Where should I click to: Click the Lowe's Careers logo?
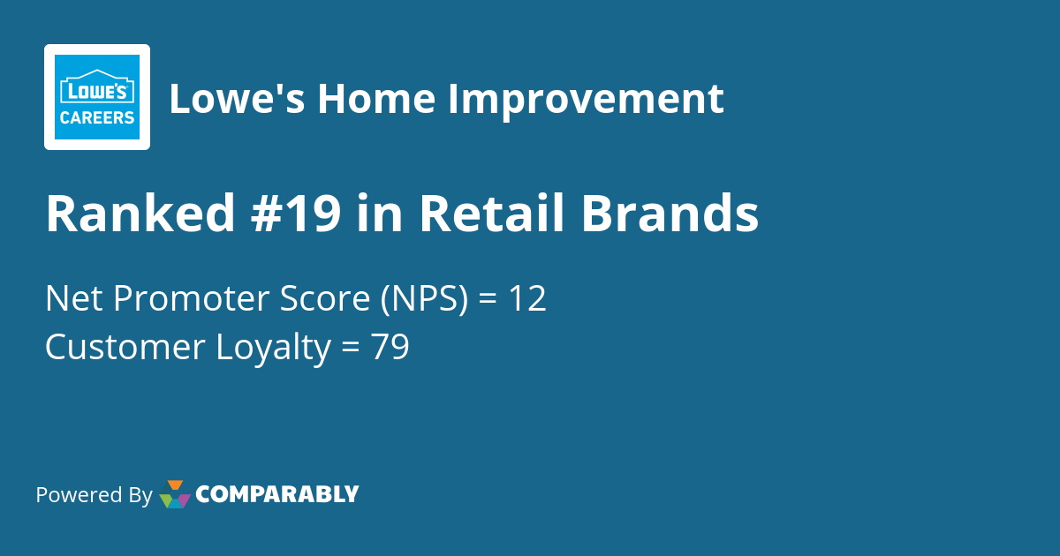pos(97,97)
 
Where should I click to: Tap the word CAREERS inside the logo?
pos(97,116)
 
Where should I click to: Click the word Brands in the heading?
pos(670,214)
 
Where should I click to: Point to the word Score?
pos(325,299)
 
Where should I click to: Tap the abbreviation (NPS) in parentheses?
pos(424,299)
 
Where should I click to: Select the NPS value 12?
pos(526,299)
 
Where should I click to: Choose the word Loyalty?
pos(272,348)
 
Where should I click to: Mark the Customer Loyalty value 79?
pos(390,348)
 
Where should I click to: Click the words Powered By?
pos(94,495)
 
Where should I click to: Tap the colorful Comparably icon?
pos(175,494)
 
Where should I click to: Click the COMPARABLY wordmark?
pos(276,494)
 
